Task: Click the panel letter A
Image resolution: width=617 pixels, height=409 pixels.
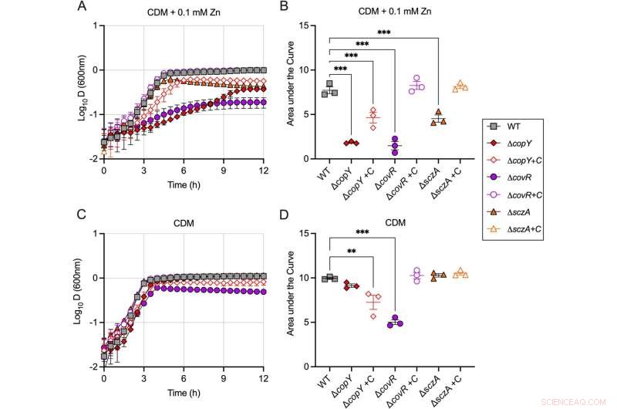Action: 81,7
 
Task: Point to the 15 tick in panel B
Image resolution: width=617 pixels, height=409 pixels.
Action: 315,25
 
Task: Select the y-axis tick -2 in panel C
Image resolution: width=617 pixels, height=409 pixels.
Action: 93,367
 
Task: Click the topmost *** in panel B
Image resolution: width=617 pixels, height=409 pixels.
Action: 383,32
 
